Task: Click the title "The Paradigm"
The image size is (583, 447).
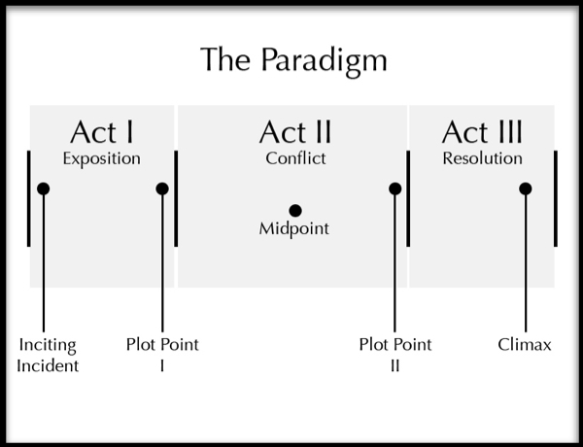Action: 293,60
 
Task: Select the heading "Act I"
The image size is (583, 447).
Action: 102,132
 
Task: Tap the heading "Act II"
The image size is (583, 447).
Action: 295,132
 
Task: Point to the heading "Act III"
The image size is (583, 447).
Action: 482,132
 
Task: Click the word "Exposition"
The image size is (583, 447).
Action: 101,159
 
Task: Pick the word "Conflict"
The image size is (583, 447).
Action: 295,158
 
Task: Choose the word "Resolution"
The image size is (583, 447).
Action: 482,158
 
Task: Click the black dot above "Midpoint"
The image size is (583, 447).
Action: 295,211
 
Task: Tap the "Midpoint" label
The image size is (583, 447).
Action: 293,229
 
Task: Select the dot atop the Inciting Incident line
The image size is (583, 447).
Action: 44,189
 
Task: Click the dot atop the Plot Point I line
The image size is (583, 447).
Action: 162,189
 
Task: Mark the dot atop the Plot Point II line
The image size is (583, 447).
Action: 394,189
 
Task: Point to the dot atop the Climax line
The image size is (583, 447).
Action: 526,189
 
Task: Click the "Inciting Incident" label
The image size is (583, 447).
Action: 48,356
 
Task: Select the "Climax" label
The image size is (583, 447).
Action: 525,345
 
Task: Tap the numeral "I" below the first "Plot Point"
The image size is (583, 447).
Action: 162,366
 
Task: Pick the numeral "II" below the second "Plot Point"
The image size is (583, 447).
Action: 394,366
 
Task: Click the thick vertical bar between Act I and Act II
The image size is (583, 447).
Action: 176,198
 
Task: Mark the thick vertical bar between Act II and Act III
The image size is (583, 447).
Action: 408,198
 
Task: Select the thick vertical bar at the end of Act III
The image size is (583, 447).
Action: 556,198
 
